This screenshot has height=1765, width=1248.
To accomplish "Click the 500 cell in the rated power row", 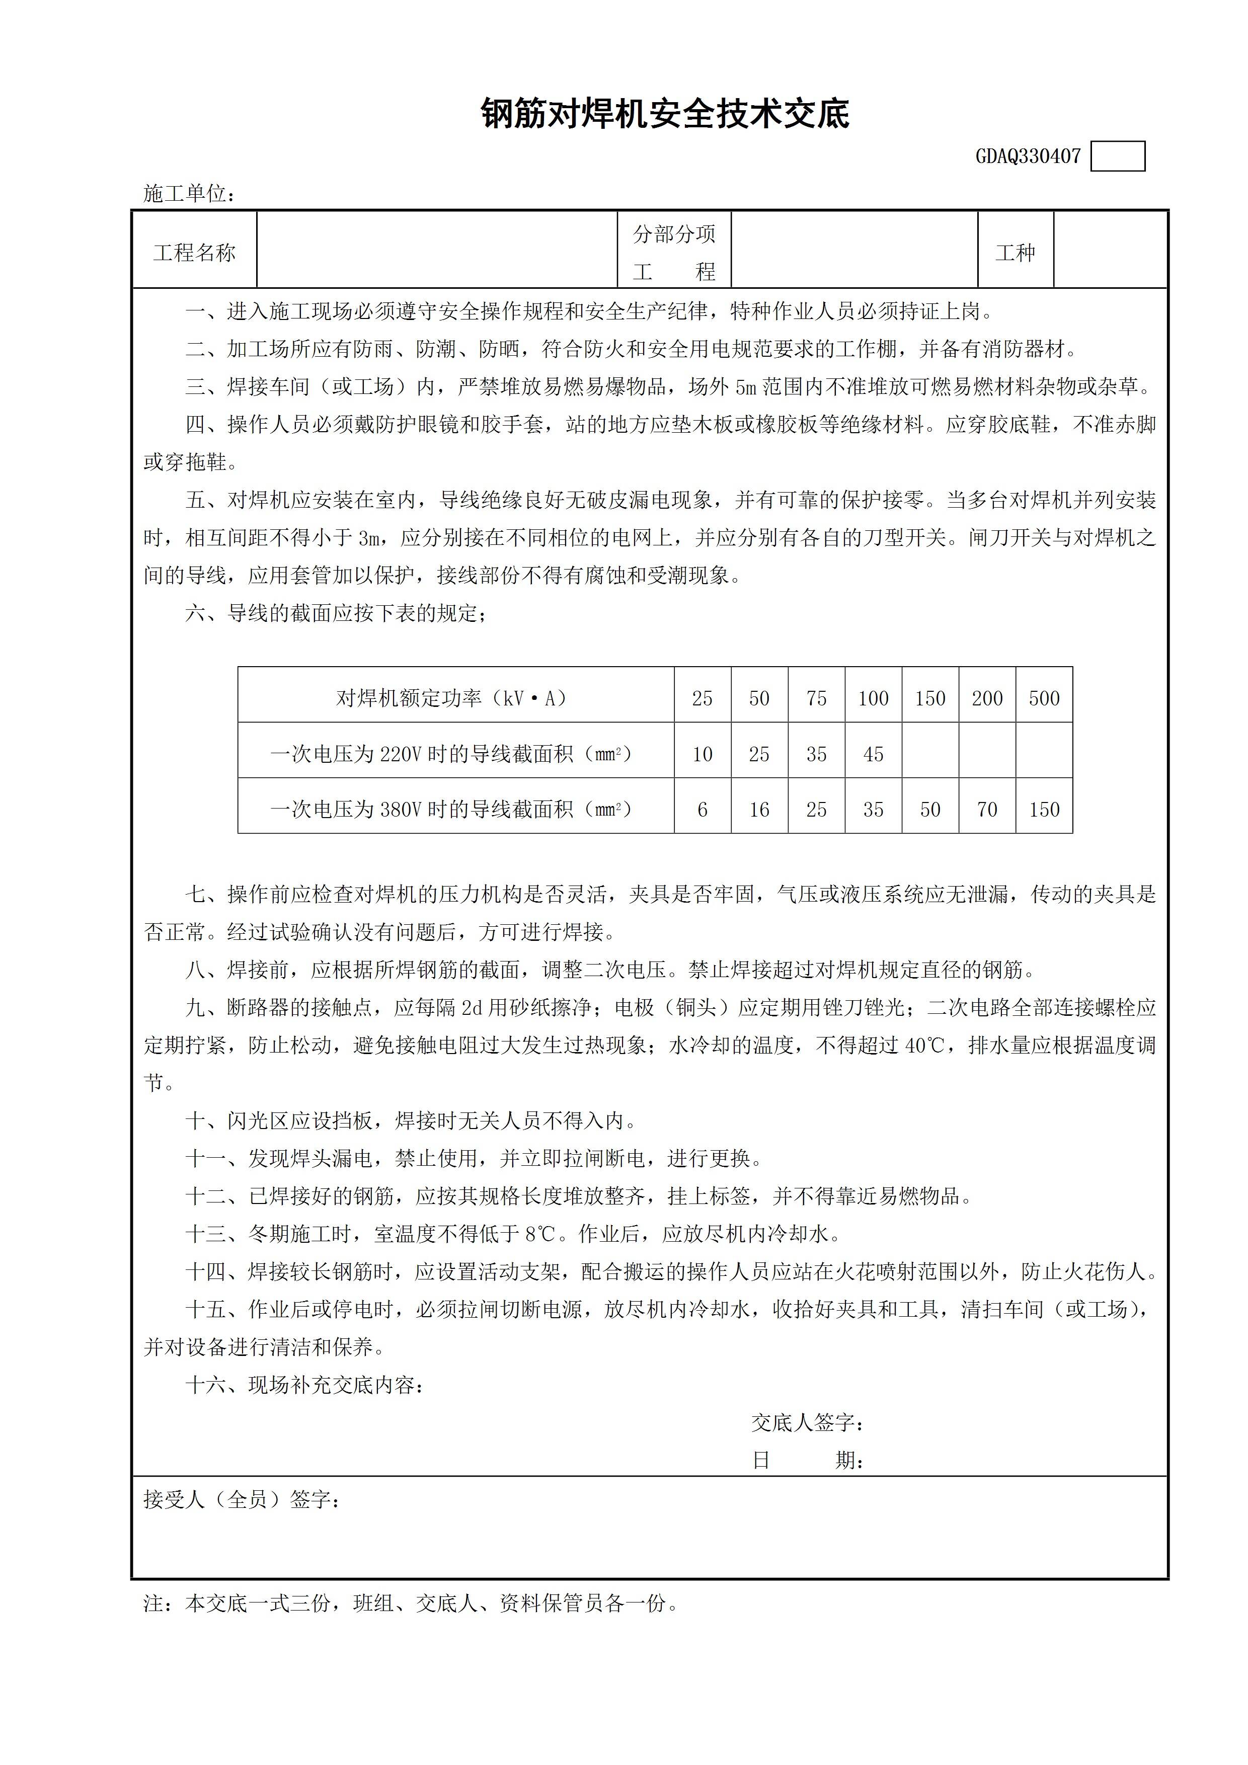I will tap(1044, 698).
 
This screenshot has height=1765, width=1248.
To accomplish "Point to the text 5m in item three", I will tap(746, 387).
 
